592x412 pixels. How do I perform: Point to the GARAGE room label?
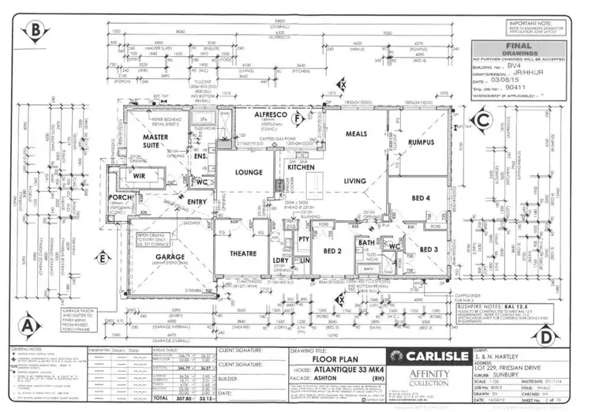(170, 257)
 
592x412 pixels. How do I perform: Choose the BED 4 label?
(421, 197)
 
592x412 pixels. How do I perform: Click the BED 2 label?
(332, 251)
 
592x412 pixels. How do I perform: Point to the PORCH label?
(122, 197)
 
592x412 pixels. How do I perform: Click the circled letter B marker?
(35, 32)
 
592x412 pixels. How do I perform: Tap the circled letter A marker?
(28, 324)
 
